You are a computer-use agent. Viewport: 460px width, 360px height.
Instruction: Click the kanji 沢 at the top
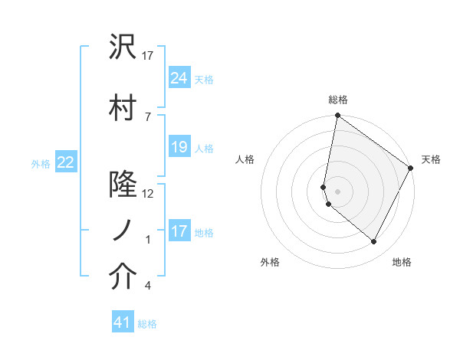pos(123,47)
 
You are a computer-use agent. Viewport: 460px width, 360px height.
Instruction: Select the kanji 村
pos(123,107)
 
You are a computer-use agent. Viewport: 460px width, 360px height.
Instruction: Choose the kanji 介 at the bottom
pos(123,277)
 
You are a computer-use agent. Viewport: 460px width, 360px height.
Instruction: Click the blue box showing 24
pos(179,77)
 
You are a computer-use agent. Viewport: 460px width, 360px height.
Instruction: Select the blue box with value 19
pos(179,147)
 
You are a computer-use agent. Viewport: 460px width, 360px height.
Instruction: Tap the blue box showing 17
pos(179,231)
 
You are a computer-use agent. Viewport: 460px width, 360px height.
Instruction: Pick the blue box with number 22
pos(66,162)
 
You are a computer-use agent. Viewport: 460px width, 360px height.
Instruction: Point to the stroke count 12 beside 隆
pos(148,194)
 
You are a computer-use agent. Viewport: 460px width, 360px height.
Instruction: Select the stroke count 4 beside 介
pos(147,286)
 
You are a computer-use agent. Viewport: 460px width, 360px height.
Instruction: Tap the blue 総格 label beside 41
pos(147,324)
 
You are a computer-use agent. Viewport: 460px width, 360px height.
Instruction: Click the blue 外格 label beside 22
pos(41,163)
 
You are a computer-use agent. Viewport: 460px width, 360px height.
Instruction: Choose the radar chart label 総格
pos(338,100)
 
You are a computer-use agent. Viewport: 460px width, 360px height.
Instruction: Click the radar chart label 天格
pos(431,159)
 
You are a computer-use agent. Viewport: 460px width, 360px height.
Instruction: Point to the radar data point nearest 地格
pos(374,242)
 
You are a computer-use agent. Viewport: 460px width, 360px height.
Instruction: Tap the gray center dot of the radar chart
pos(338,191)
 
